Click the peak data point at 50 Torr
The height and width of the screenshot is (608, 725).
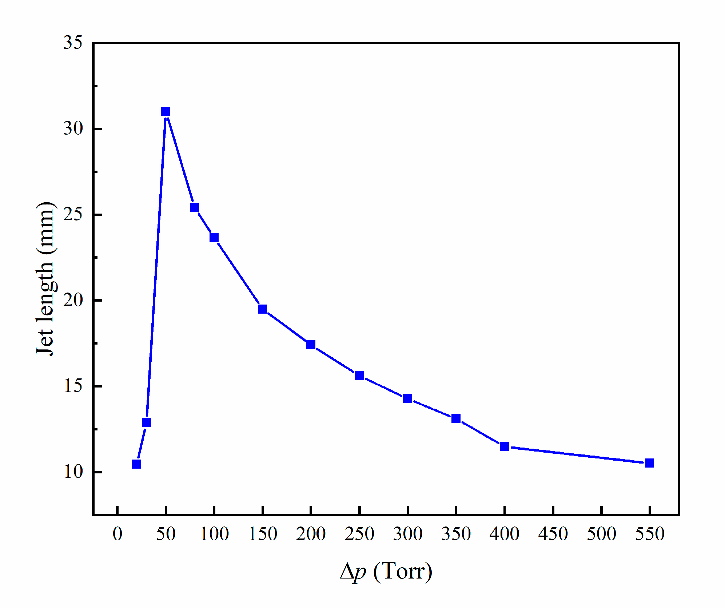(166, 111)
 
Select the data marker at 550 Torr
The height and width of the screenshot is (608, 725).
(649, 463)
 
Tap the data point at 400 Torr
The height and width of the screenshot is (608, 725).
(504, 446)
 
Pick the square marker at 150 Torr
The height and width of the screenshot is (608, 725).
(262, 309)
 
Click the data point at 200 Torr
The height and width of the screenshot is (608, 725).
(311, 345)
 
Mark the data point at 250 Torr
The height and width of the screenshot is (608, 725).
(359, 375)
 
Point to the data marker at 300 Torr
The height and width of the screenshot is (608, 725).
(407, 399)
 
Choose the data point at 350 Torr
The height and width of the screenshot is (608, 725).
(456, 418)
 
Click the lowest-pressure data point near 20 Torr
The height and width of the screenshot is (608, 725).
(136, 464)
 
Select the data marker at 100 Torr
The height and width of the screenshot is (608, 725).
(214, 237)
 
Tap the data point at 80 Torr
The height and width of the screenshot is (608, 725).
(195, 207)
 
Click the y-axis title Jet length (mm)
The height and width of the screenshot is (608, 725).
(45, 278)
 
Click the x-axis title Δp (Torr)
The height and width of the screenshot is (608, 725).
(386, 572)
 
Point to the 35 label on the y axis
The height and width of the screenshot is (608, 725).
(73, 43)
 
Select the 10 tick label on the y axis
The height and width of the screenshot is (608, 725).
(73, 472)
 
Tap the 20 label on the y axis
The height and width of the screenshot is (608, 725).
(73, 300)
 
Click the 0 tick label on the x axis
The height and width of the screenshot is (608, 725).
(117, 534)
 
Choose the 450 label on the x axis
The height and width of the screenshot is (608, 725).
(553, 534)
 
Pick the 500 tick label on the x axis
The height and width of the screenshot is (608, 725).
(601, 534)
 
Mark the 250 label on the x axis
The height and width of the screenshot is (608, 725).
(359, 534)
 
